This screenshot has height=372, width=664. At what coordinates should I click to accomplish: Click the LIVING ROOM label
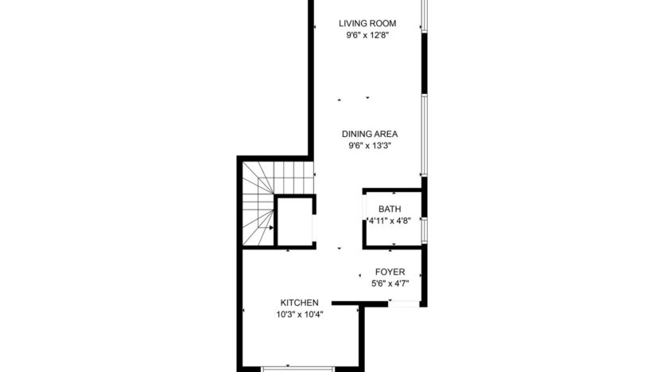coord(367,23)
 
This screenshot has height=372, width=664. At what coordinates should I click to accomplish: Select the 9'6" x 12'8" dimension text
coord(367,35)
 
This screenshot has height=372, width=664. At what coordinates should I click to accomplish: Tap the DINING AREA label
coord(370,134)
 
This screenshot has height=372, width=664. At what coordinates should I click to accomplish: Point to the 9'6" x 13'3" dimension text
coord(370,146)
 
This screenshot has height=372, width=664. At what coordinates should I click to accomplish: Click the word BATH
coord(389,209)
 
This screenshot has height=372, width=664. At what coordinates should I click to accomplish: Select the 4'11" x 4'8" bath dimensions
coord(389,221)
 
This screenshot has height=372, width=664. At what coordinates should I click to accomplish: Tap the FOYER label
coord(390,272)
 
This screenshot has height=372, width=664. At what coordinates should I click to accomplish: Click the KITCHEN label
coord(300,303)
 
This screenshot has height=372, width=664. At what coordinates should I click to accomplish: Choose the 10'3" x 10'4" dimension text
coord(300,315)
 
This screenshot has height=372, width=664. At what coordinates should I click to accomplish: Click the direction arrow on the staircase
coord(270,228)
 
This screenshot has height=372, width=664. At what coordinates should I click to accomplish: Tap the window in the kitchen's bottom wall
coord(297,368)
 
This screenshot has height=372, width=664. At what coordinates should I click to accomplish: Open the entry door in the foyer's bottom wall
coord(404,303)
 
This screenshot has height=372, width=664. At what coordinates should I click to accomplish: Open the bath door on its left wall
coord(365,220)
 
